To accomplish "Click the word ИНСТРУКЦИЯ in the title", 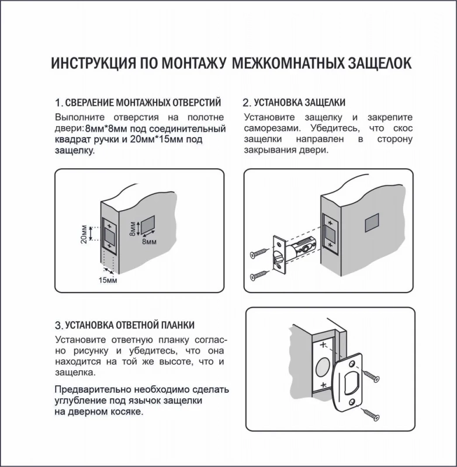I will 90,63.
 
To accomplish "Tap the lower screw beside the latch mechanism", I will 259,274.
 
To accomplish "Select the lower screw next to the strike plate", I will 371,415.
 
